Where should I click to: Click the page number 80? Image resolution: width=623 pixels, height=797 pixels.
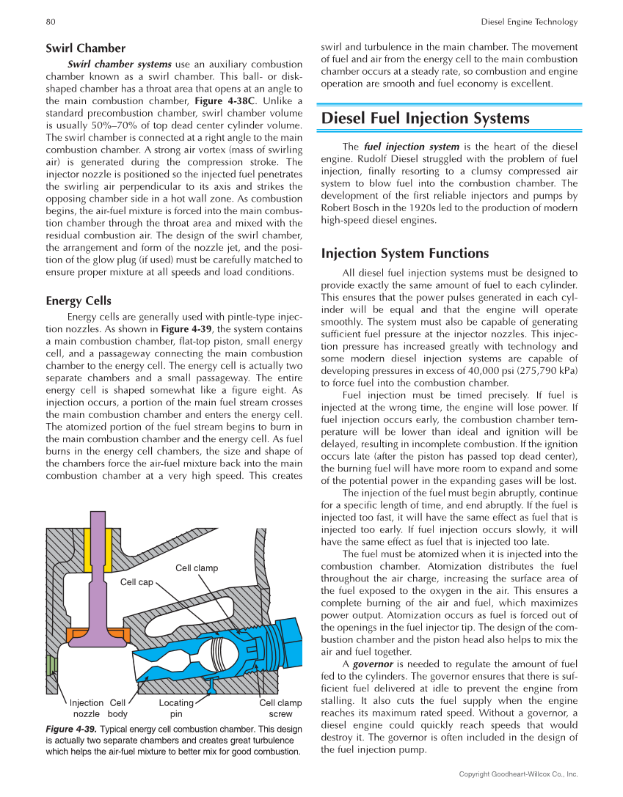pos(51,22)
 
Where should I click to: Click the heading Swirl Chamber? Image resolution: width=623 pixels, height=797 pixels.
pos(85,48)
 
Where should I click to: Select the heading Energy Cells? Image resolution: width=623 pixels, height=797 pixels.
pos(79,301)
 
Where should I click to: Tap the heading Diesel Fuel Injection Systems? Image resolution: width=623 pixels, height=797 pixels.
pos(426,118)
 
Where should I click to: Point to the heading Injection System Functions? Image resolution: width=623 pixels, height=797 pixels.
pos(405,254)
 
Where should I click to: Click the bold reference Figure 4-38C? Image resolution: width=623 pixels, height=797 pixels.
pos(227,100)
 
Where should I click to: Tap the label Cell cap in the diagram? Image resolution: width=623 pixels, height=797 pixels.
pos(136,582)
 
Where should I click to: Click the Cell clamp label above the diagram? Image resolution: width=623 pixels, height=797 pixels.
pos(197,568)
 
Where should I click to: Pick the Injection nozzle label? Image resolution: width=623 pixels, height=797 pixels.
pos(86,708)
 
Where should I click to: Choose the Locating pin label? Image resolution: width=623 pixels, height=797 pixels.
pos(176,708)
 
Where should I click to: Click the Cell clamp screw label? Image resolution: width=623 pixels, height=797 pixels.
pos(280,708)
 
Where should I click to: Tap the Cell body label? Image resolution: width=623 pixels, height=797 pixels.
pos(117,708)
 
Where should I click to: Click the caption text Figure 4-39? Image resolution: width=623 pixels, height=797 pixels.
pos(70,730)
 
